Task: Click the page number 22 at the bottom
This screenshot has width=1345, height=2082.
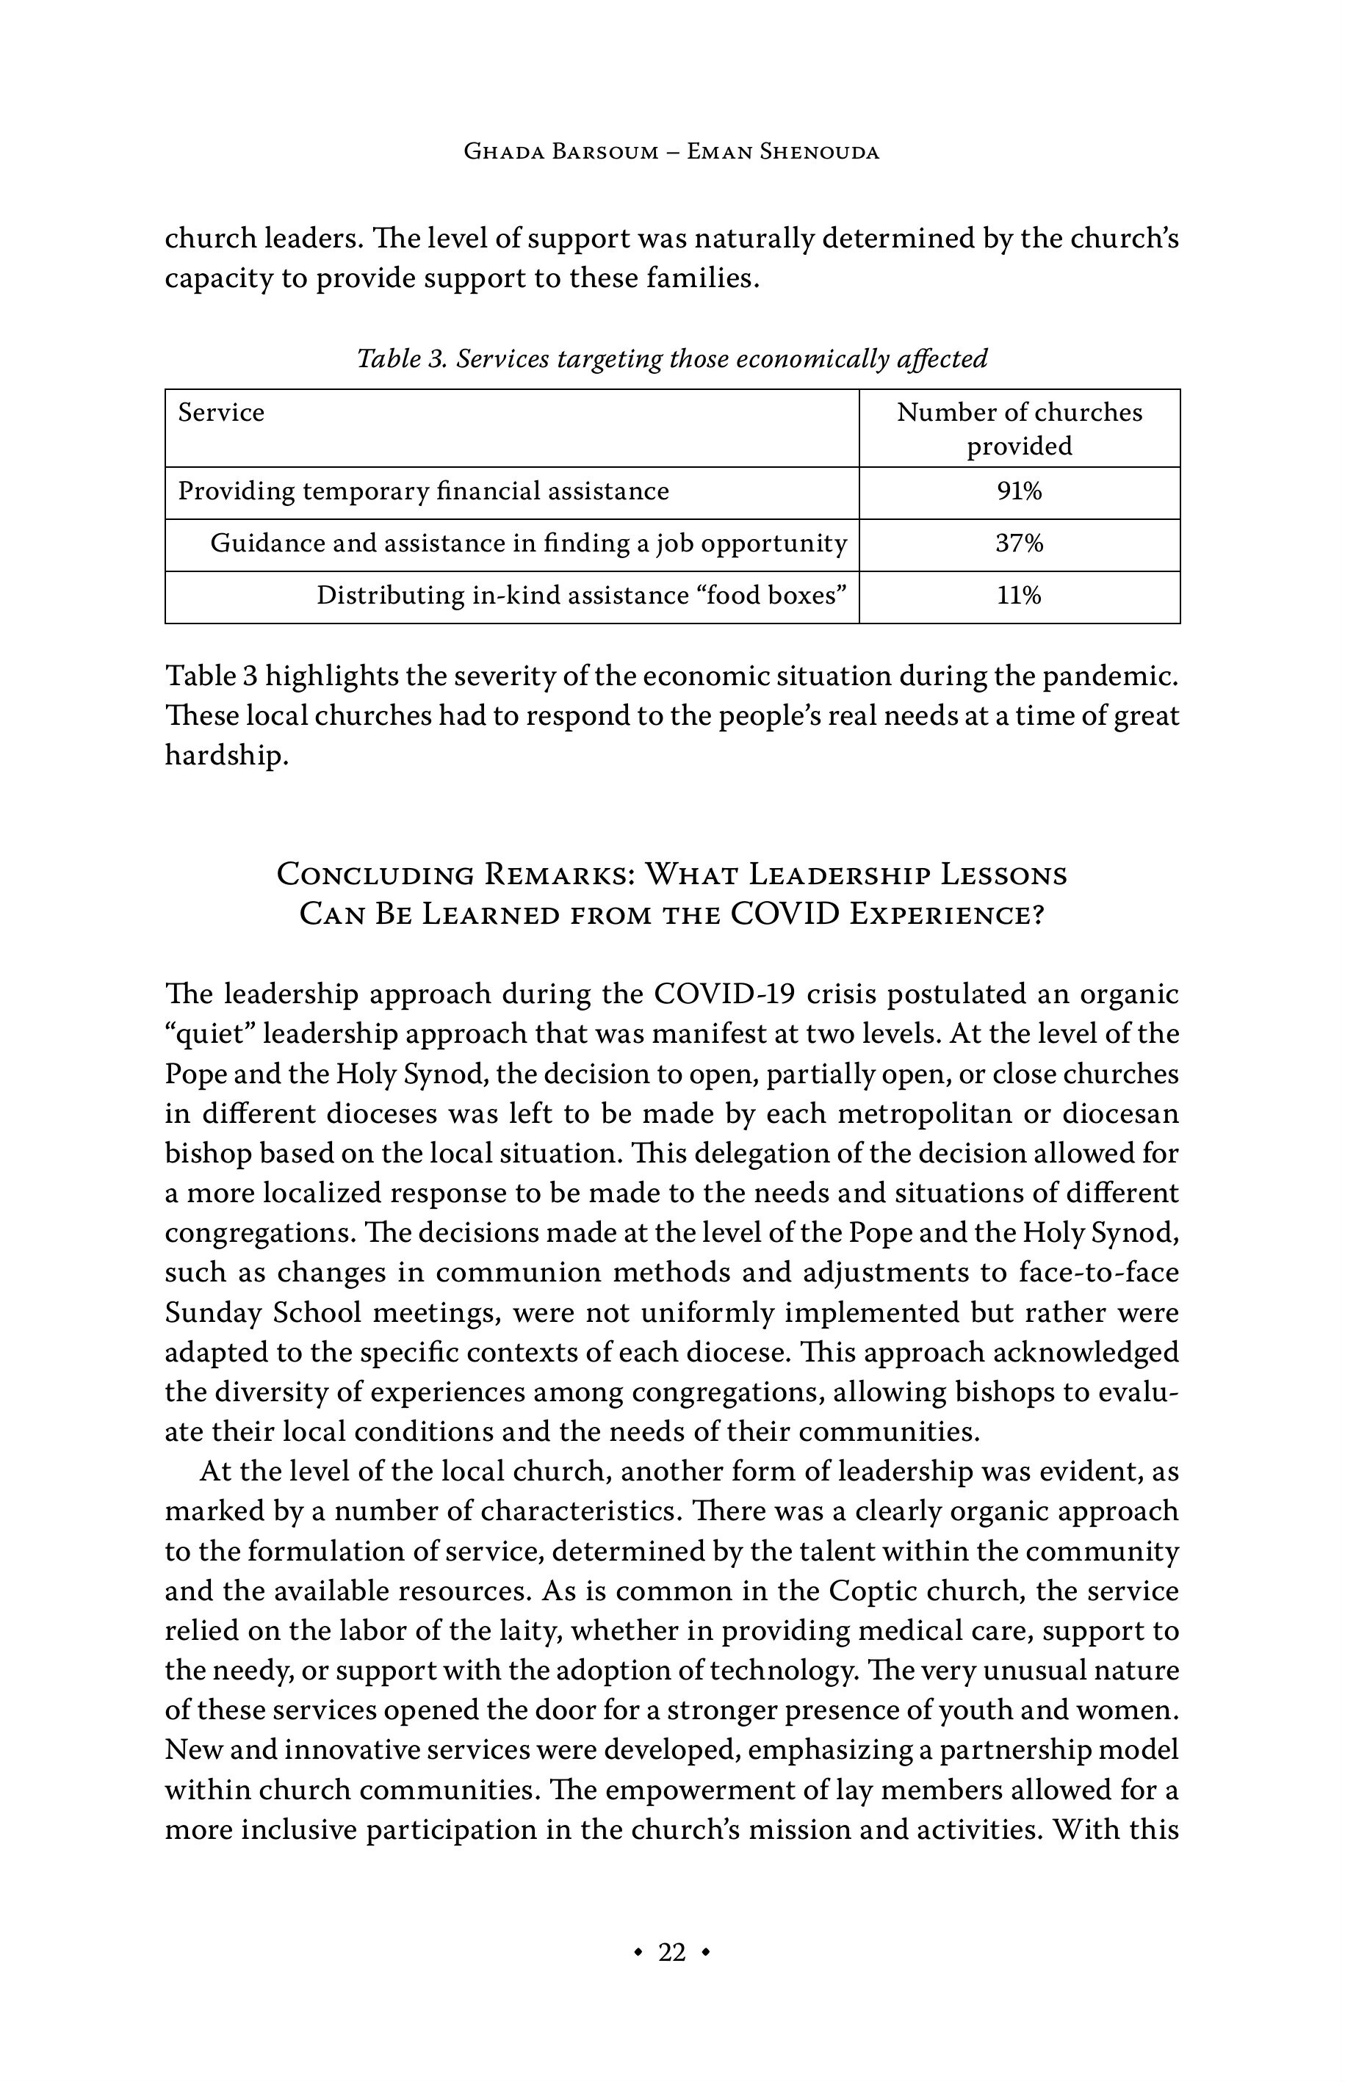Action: tap(671, 1952)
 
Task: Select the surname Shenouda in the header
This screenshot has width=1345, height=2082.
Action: tap(819, 152)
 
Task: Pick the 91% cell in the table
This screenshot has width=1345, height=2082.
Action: tap(1020, 491)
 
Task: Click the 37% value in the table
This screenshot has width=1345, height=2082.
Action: tap(1020, 544)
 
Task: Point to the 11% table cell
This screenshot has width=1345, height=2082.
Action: tap(1020, 596)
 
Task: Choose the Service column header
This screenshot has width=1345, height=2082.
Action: tap(221, 413)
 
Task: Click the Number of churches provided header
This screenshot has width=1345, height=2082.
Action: tap(1020, 429)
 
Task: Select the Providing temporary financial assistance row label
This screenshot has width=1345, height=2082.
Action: tap(424, 491)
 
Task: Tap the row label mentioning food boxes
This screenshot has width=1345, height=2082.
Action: tap(582, 596)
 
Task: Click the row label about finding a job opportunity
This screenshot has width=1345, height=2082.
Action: tap(528, 544)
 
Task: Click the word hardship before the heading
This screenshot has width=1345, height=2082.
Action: tap(226, 756)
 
